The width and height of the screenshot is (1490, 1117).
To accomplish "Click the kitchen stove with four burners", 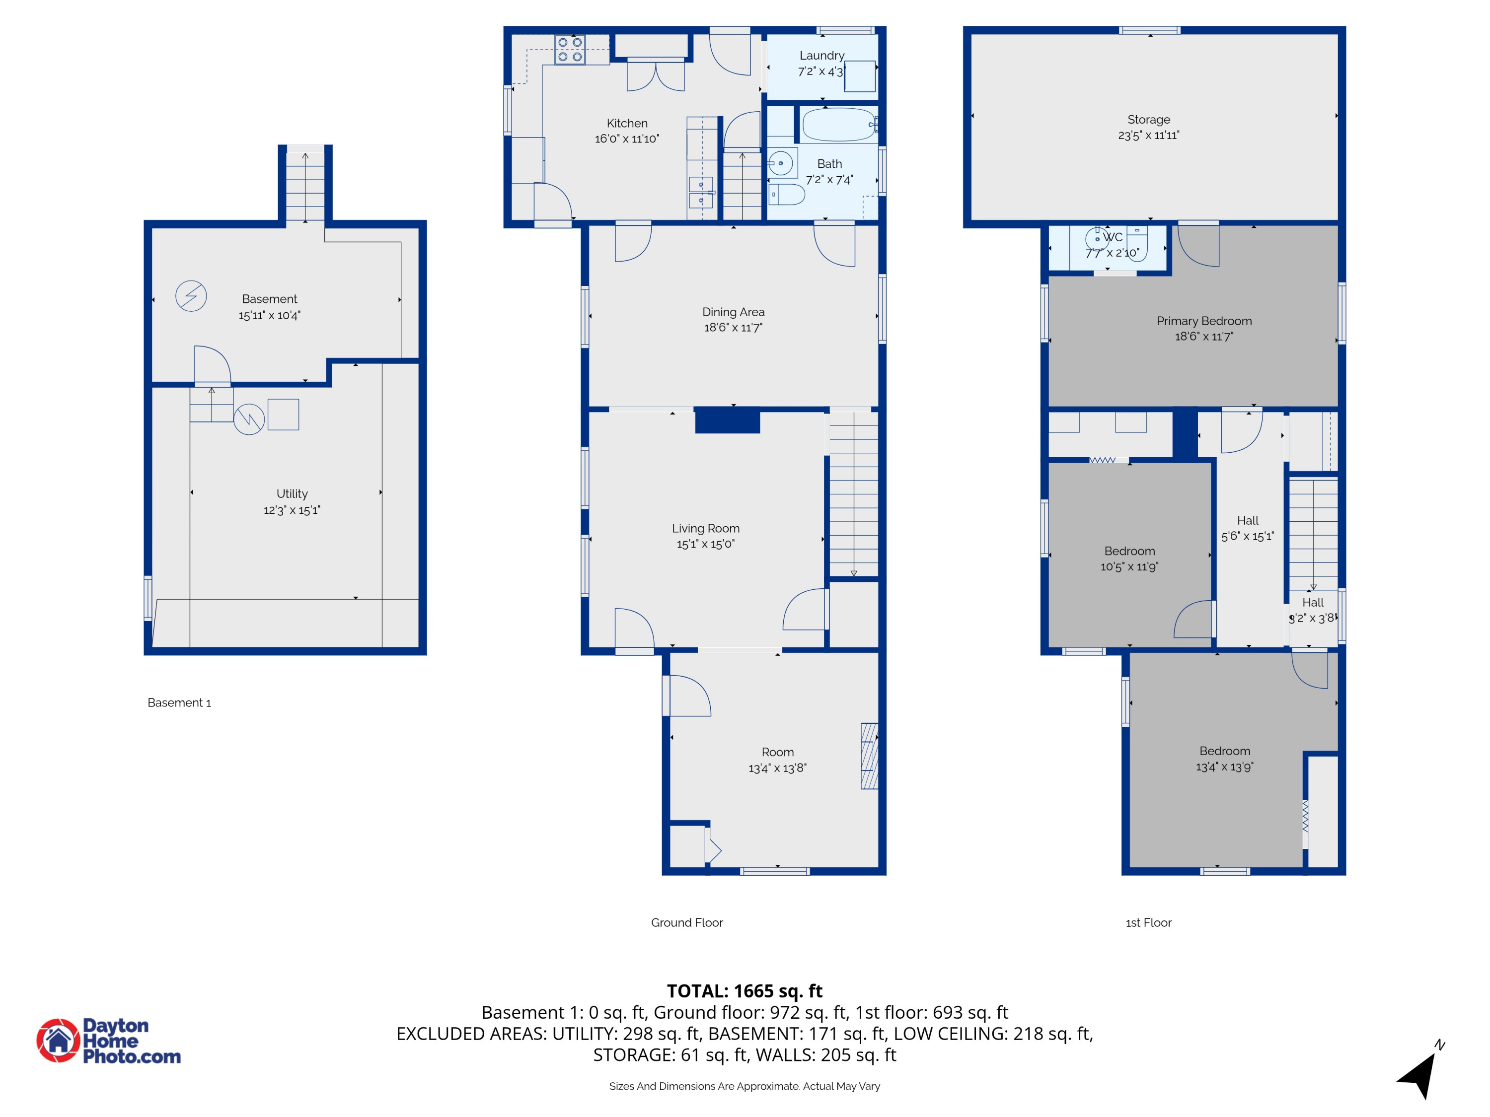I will tap(569, 50).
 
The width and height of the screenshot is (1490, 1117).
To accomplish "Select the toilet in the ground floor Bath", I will tap(786, 195).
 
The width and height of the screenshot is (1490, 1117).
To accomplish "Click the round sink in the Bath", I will tap(780, 163).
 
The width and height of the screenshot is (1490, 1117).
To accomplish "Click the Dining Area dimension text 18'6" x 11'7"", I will tap(733, 328).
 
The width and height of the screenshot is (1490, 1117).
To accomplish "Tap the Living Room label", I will tap(705, 529).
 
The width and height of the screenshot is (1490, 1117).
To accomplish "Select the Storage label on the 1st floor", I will tap(1148, 119).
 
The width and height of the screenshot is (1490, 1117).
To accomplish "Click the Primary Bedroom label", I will tap(1204, 321).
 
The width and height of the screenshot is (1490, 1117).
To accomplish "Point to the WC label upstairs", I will tap(1113, 237).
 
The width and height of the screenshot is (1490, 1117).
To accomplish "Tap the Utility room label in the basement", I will tap(292, 493).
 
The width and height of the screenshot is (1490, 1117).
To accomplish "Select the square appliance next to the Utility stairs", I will tap(283, 415).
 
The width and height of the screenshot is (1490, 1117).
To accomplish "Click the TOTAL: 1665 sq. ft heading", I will tap(745, 991).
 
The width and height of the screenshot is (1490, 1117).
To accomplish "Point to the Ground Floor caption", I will tap(686, 922).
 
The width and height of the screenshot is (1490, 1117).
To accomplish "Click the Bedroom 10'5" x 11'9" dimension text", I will tap(1129, 567).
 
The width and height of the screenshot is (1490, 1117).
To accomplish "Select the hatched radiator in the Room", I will tap(869, 756).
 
